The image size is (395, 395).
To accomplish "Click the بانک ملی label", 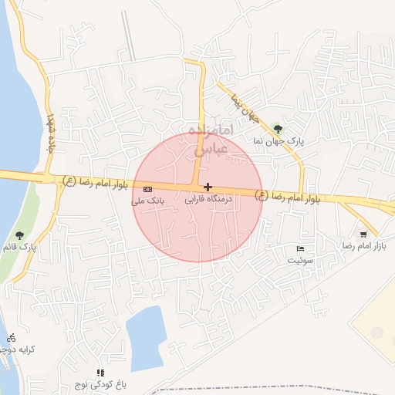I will pyautogui.click(x=148, y=201).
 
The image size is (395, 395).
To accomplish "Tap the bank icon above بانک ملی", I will pyautogui.click(x=148, y=189).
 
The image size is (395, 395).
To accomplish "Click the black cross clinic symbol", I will pyautogui.click(x=208, y=187).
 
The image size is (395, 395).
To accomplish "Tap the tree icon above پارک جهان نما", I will pyautogui.click(x=278, y=129).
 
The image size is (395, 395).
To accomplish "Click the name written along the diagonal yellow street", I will pyautogui.click(x=244, y=108).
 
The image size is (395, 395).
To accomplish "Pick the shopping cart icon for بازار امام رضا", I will pyautogui.click(x=363, y=234).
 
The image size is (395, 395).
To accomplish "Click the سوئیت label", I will pyautogui.click(x=301, y=260).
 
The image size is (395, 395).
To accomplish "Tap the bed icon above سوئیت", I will pyautogui.click(x=300, y=248).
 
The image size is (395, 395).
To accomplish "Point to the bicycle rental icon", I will pyautogui.click(x=11, y=337).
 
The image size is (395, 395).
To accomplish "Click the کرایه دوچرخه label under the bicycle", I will pyautogui.click(x=18, y=349).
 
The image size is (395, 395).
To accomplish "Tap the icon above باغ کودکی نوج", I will pyautogui.click(x=100, y=373).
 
